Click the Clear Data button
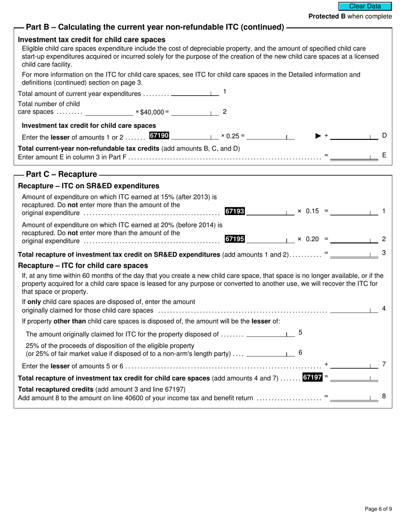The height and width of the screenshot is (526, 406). (x=365, y=6)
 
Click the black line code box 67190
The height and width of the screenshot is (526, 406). (x=159, y=136)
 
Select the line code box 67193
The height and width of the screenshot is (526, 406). (x=235, y=211)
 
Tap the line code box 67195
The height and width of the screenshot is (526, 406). (x=235, y=239)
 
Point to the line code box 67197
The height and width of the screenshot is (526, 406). (x=312, y=377)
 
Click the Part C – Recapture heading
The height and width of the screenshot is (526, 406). (x=62, y=174)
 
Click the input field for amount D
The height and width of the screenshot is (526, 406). (x=353, y=136)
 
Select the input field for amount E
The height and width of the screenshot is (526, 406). (x=353, y=156)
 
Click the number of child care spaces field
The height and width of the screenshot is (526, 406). (x=109, y=112)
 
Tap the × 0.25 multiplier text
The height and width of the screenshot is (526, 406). (x=232, y=136)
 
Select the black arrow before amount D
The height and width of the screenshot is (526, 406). (x=318, y=136)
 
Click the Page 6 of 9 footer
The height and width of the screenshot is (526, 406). (x=378, y=509)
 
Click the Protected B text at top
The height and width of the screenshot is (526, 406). (x=350, y=16)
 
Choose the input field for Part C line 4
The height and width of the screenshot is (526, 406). (x=353, y=310)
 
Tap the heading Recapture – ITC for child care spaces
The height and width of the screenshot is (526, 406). (x=83, y=266)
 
